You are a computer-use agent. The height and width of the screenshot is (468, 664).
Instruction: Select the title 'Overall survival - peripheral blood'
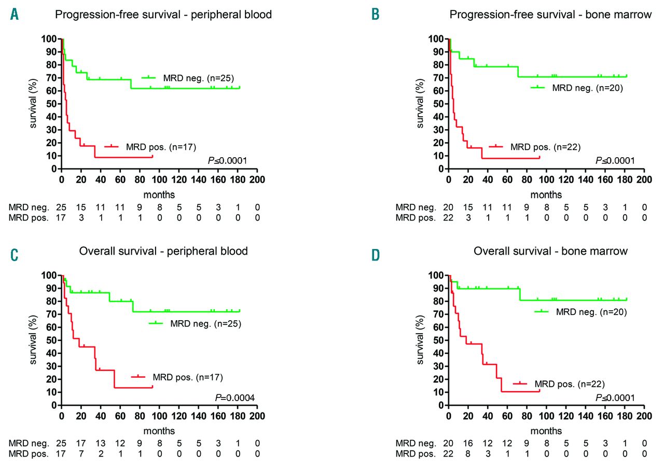(x=163, y=252)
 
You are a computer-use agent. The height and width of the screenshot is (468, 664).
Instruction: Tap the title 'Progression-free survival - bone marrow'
(x=550, y=15)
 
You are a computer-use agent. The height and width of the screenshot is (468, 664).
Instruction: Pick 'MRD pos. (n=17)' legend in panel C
(x=186, y=377)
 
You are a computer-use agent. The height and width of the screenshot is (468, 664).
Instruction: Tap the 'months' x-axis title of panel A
(x=160, y=195)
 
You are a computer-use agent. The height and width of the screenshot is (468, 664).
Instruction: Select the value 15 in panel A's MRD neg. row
(x=81, y=207)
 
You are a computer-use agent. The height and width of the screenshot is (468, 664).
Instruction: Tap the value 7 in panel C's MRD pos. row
(x=81, y=453)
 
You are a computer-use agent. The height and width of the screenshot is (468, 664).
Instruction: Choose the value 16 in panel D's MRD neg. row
(x=468, y=444)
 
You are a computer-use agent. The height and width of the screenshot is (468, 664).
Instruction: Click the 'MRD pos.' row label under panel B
(x=416, y=217)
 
